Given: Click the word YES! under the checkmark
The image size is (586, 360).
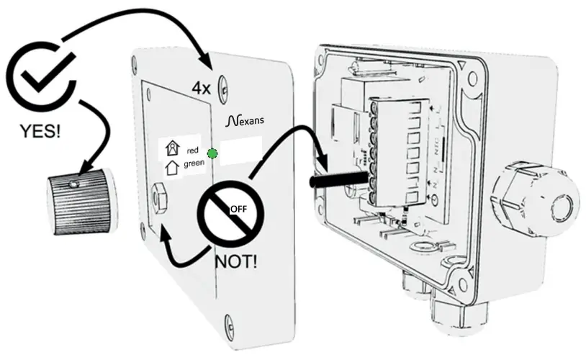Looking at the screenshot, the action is click(x=40, y=132).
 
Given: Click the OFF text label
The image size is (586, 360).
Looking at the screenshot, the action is click(x=238, y=209).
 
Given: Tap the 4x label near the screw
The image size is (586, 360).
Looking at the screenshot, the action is click(x=201, y=89).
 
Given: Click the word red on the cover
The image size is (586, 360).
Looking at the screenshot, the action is click(x=192, y=150).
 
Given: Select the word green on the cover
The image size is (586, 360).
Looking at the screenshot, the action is click(x=194, y=164).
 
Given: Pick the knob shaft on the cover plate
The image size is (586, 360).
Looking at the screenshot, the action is click(x=160, y=195).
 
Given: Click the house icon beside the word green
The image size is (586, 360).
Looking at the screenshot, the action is click(x=172, y=168).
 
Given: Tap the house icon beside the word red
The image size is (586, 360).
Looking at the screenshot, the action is click(x=172, y=149).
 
